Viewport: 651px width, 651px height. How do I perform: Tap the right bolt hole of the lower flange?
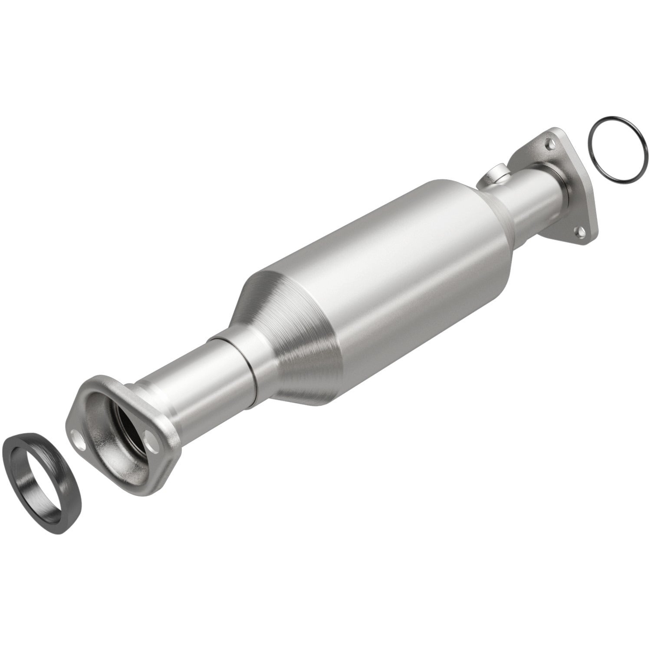click(x=151, y=446)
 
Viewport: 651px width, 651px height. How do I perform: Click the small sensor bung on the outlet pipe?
click(x=493, y=177)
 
